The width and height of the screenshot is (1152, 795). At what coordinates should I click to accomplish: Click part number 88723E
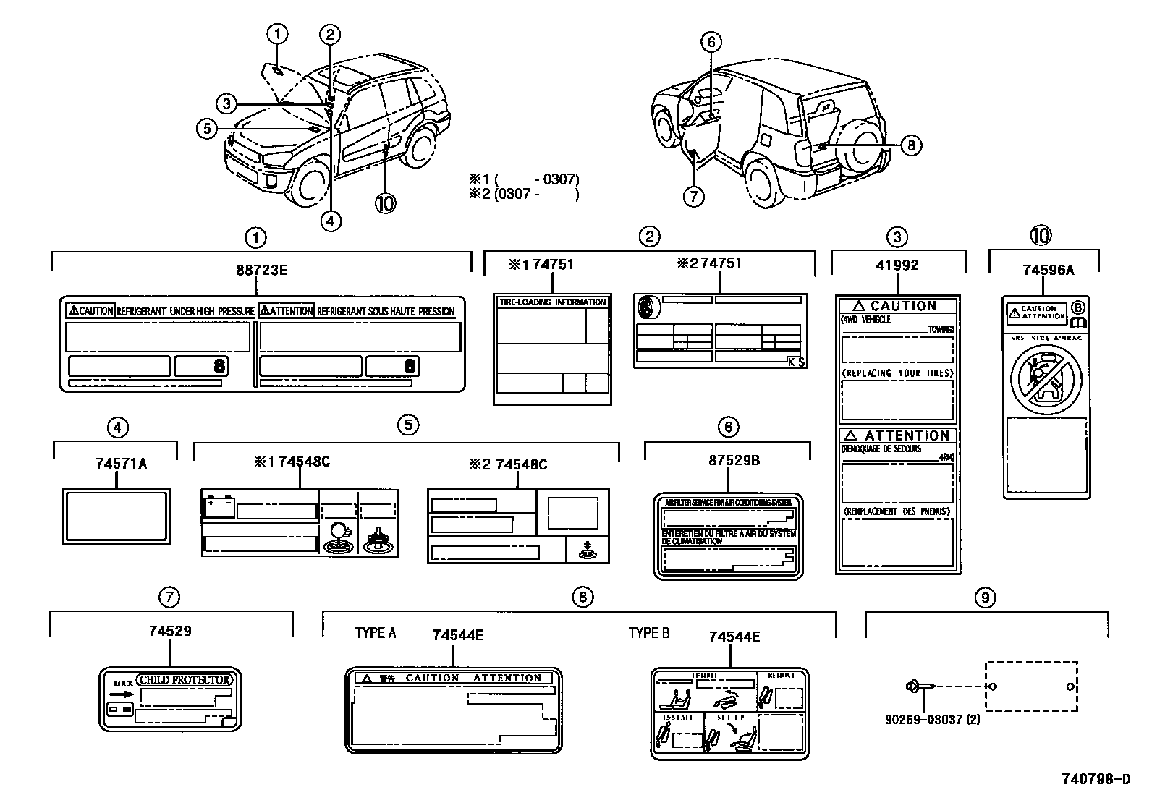point(261,270)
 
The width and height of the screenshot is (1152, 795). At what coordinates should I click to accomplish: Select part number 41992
point(897,265)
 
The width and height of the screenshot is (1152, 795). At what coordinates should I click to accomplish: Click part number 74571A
point(121,464)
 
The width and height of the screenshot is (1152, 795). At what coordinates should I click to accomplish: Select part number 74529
point(170,631)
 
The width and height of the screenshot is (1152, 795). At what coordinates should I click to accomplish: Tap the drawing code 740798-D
point(1095,779)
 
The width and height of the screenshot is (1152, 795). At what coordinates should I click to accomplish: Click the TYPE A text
point(376,633)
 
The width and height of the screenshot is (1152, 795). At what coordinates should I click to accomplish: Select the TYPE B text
point(649,633)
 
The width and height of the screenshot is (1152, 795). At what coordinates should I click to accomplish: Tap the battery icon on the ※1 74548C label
point(219,508)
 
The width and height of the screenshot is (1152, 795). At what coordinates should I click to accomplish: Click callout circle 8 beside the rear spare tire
point(910,145)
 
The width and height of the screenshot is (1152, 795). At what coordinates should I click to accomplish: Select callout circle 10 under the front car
point(385,203)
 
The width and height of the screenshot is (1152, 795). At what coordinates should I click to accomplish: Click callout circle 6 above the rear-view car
point(711,43)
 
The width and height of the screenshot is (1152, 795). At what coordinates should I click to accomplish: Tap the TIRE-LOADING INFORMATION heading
point(551,302)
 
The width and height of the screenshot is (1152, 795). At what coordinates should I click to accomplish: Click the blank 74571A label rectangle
point(117,516)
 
